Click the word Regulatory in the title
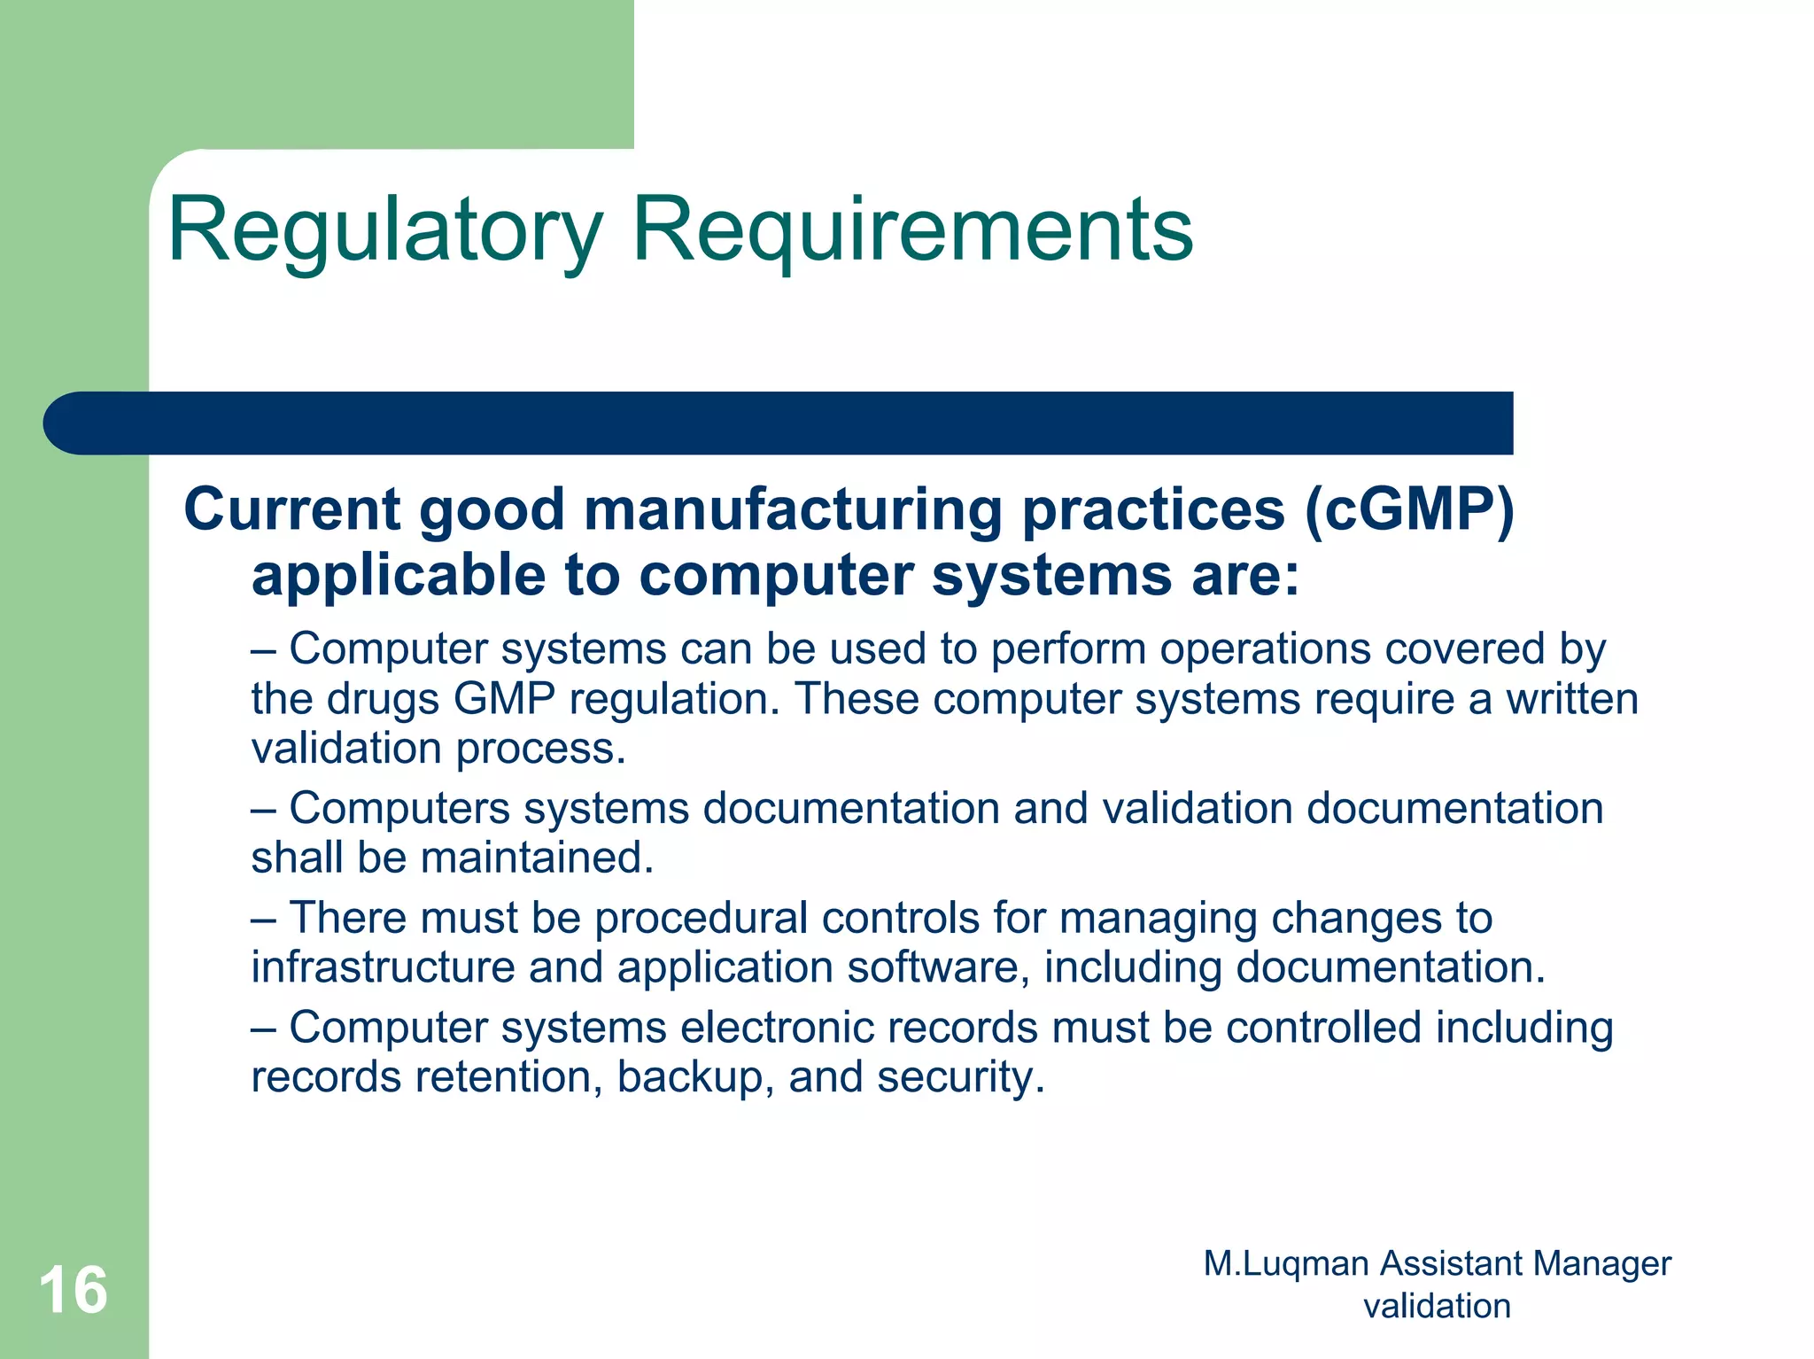coord(385,230)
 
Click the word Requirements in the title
coord(912,230)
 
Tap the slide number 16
coord(73,1291)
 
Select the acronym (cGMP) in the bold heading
coord(1409,510)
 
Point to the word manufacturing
coord(792,510)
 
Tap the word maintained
coord(537,858)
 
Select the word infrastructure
coord(383,967)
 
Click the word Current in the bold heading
coord(292,510)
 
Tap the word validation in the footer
coord(1437,1306)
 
